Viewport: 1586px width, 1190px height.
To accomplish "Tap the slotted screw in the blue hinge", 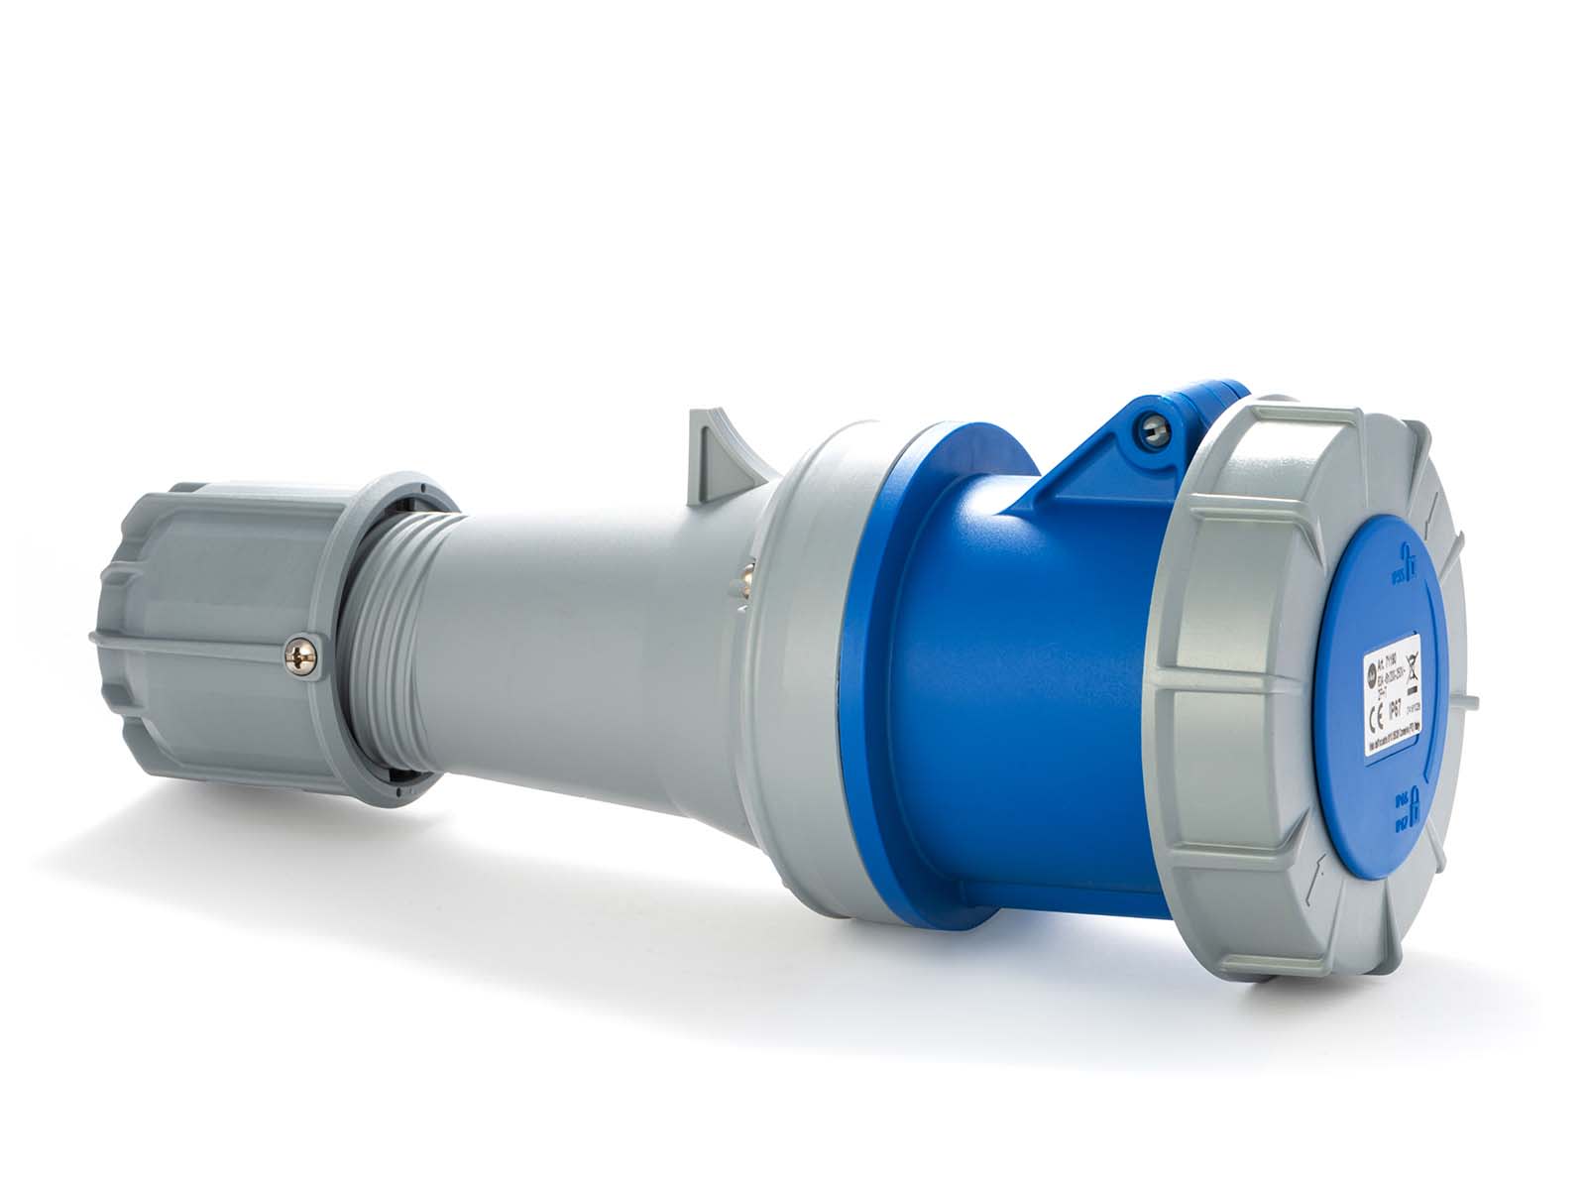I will point(1155,427).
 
